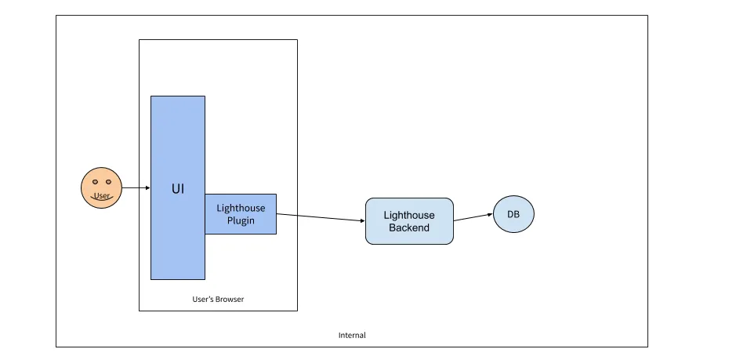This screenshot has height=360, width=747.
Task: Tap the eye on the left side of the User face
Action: [x=95, y=182]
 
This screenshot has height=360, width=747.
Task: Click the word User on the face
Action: [x=101, y=195]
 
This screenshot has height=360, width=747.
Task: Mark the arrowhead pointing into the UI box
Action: [x=147, y=188]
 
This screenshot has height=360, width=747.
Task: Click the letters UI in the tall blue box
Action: [x=178, y=188]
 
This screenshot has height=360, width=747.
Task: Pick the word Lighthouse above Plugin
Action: [x=241, y=208]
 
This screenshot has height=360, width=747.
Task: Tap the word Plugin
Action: [x=241, y=220]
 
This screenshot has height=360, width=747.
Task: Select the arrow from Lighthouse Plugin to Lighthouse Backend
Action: [x=321, y=217]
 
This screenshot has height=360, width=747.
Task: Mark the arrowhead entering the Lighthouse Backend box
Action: [x=361, y=220]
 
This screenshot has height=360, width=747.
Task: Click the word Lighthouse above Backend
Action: [x=408, y=215]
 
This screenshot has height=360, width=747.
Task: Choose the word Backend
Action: [x=408, y=227]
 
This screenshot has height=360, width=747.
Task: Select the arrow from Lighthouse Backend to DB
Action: [x=473, y=217]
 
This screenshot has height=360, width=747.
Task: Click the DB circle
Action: [x=513, y=214]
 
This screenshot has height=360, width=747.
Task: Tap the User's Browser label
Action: [x=218, y=299]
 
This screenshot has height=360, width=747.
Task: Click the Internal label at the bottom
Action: [x=352, y=335]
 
